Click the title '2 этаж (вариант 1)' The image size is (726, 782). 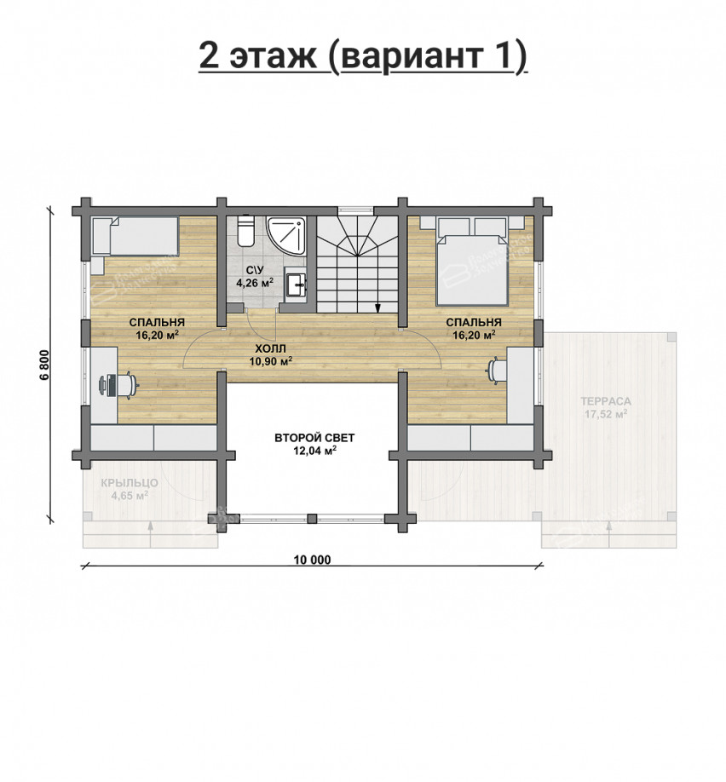[363, 55]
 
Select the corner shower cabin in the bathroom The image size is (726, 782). [287, 236]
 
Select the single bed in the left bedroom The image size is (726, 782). [135, 236]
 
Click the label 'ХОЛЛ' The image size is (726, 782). [270, 349]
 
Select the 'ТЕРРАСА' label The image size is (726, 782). [606, 401]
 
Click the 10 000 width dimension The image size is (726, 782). [311, 560]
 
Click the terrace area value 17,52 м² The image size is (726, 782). [606, 415]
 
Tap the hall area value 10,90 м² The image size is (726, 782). [270, 361]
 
